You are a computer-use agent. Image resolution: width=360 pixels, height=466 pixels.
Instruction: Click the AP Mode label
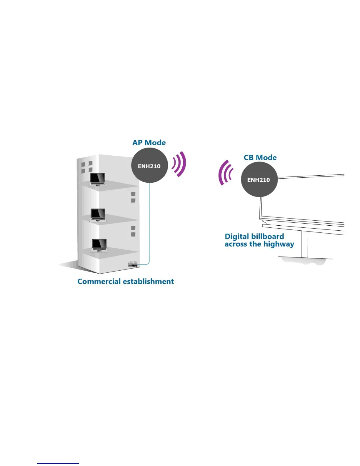coord(149,143)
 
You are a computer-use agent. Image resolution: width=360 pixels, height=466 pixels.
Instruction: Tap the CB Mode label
coord(260,158)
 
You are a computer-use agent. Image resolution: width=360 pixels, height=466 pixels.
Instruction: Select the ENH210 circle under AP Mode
coord(149,166)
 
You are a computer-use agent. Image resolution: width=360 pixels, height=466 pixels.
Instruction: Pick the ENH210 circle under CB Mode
coord(259,180)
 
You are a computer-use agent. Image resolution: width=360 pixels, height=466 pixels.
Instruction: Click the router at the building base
coord(133,264)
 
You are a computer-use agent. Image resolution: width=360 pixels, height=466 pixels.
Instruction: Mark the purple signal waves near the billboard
coord(225,173)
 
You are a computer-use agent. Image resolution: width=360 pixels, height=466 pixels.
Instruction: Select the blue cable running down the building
coord(149,224)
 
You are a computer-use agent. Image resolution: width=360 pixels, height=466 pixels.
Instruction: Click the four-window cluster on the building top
coord(87,167)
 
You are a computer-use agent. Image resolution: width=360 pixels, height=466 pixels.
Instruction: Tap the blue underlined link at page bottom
coord(58,463)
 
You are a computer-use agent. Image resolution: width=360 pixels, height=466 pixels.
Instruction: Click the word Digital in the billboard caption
coord(235,237)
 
